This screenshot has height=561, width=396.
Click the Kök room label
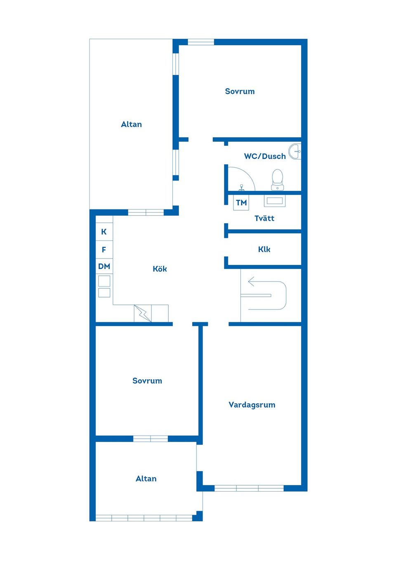click(160, 269)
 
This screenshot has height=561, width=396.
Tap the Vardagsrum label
click(252, 405)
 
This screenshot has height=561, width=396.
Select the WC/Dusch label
click(265, 156)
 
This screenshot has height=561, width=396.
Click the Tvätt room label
click(264, 218)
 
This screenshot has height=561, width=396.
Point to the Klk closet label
click(264, 249)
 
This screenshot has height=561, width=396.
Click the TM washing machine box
click(241, 202)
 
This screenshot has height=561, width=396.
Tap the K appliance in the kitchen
click(104, 232)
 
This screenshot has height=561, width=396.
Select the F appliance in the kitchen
click(104, 250)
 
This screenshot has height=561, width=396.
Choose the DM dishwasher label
click(104, 266)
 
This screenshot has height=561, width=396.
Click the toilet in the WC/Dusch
click(277, 179)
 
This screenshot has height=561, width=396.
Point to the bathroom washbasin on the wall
click(295, 152)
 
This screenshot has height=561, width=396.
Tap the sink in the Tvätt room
click(275, 201)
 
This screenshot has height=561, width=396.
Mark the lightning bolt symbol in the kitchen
click(143, 313)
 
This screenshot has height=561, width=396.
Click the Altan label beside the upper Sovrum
click(131, 124)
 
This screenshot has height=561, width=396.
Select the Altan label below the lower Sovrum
click(146, 479)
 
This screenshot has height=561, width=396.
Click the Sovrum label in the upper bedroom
click(240, 91)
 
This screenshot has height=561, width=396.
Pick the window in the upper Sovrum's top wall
click(201, 42)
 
